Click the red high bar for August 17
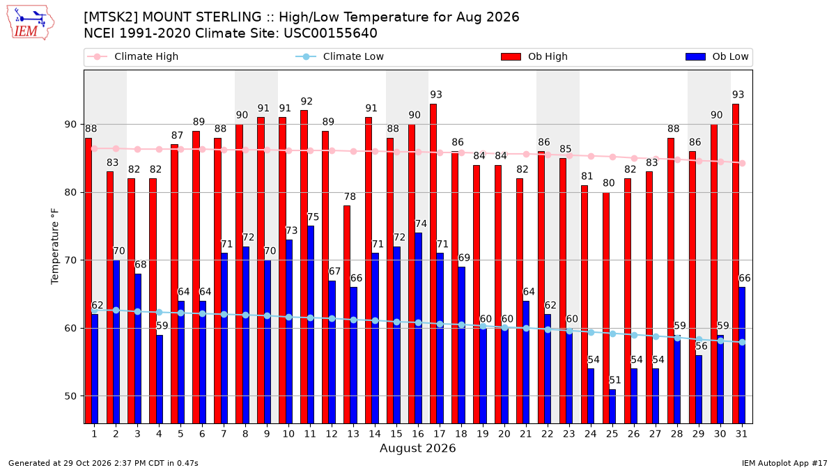click(x=433, y=264)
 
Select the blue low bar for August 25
click(x=612, y=407)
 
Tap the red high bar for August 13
click(x=347, y=315)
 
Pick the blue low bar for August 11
click(x=311, y=324)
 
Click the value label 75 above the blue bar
click(x=313, y=217)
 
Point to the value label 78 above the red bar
click(x=350, y=196)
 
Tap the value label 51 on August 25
click(x=615, y=380)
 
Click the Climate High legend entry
click(x=133, y=56)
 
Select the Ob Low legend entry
click(x=717, y=56)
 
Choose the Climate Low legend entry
click(x=340, y=56)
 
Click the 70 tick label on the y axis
click(x=71, y=260)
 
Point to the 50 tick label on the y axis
click(x=71, y=396)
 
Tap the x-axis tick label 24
click(x=591, y=434)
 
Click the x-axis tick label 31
click(x=741, y=434)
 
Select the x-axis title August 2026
click(x=417, y=448)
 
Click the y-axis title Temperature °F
click(x=55, y=246)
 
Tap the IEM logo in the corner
click(x=30, y=22)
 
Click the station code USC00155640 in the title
click(x=330, y=33)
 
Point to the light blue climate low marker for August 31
click(x=743, y=342)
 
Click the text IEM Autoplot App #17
click(x=784, y=463)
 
